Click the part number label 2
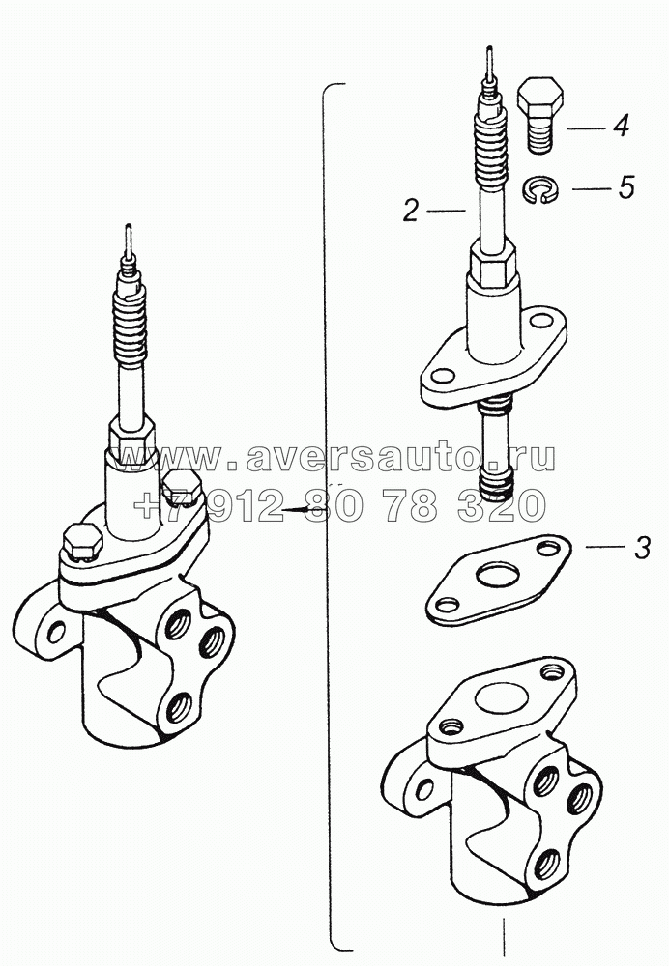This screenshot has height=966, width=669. (x=411, y=211)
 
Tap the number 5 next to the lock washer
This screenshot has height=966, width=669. (x=625, y=186)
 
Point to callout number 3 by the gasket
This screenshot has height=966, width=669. (x=642, y=548)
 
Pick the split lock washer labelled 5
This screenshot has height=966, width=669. (x=540, y=188)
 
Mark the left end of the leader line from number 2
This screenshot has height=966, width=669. (x=427, y=212)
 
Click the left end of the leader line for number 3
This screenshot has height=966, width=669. (x=586, y=547)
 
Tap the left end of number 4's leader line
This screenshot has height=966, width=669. (x=567, y=128)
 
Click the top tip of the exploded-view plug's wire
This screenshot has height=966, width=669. (x=489, y=46)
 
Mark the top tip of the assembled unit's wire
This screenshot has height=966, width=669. (x=128, y=225)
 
